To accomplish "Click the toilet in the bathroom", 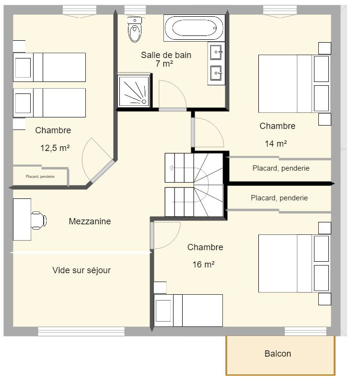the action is click(134, 29).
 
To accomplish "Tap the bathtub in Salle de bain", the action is click(194, 28).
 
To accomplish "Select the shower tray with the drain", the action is click(134, 91).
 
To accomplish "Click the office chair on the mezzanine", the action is click(38, 220).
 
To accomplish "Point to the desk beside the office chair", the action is click(22, 220).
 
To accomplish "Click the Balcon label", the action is click(278, 354).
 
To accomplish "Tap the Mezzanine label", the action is click(90, 221).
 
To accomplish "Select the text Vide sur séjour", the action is click(81, 270).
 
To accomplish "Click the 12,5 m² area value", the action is click(55, 148).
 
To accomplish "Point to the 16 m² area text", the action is click(204, 264).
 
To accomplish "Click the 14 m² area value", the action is click(276, 143).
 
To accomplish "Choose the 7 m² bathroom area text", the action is click(164, 64).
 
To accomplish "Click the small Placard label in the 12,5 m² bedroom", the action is click(40, 176).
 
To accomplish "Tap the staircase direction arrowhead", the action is click(171, 168).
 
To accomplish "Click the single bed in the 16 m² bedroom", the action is click(188, 311).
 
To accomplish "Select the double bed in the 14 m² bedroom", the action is click(294, 83).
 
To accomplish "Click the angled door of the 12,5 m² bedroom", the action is click(102, 171).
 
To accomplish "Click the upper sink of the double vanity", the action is click(216, 52).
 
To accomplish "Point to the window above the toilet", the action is click(135, 10).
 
